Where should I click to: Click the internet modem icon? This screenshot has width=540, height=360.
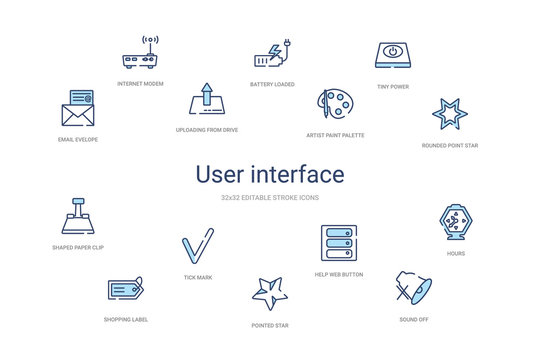(x=140, y=54)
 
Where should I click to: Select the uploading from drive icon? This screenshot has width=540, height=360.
(x=206, y=101)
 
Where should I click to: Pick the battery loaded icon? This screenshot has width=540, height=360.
(x=271, y=54)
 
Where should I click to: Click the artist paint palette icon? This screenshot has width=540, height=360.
(x=334, y=104)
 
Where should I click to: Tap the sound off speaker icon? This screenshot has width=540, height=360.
(x=413, y=287)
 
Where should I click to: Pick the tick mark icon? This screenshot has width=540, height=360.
(x=197, y=246)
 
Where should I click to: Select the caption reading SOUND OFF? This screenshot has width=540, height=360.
(x=413, y=319)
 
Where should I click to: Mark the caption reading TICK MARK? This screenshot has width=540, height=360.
(x=198, y=276)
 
